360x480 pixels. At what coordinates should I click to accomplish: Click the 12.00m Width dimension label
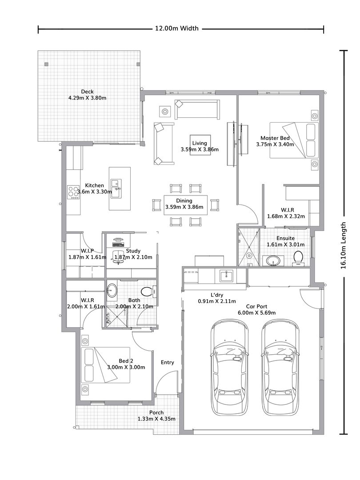(x=176, y=29)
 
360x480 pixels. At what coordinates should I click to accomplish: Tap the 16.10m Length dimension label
(x=343, y=245)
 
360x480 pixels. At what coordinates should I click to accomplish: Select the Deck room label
(x=87, y=92)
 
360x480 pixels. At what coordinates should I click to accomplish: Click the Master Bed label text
(x=275, y=138)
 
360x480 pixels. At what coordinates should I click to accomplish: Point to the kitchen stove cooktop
(x=73, y=192)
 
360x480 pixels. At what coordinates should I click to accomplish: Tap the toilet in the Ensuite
(x=298, y=257)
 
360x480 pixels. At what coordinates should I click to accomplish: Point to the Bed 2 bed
(x=106, y=365)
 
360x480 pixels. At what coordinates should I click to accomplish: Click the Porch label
(x=156, y=412)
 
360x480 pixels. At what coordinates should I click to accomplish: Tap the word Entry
(x=168, y=362)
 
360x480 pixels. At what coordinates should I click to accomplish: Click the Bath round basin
(x=112, y=292)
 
